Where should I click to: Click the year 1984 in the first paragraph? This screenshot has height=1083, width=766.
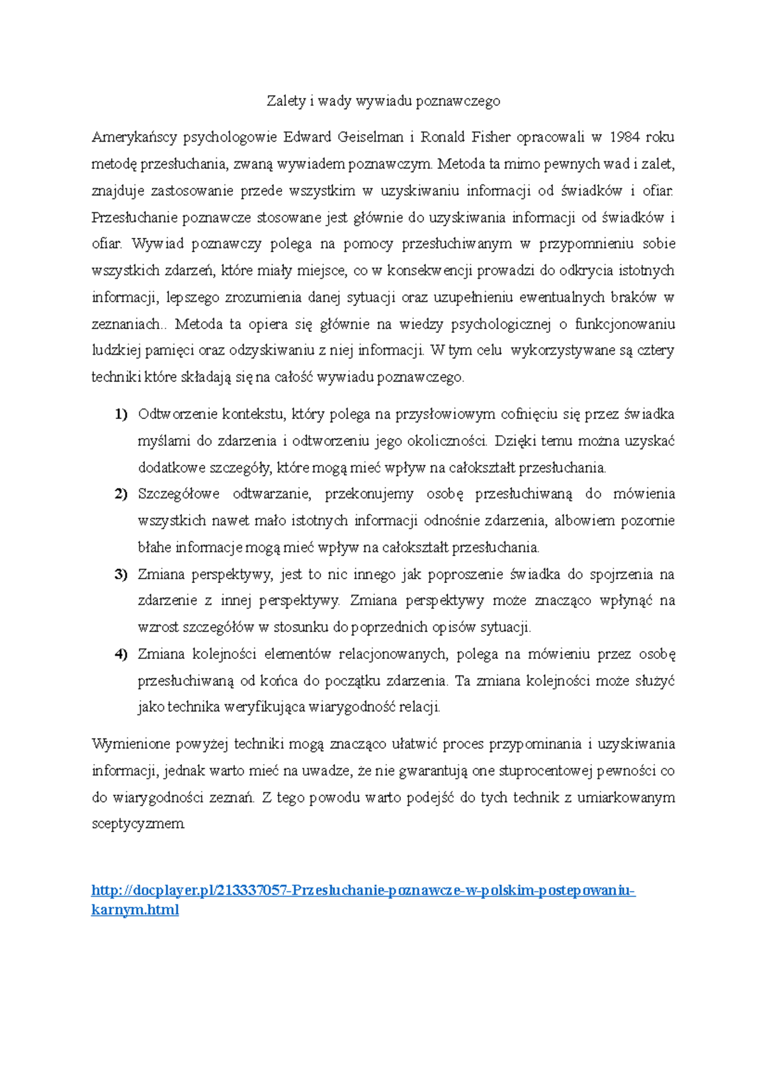click(x=625, y=137)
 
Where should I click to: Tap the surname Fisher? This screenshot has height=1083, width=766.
click(x=491, y=137)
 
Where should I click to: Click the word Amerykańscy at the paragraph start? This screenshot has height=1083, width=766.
click(x=134, y=137)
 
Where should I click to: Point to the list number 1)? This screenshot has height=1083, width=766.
click(x=121, y=415)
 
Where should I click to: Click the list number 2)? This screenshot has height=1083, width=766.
click(x=121, y=494)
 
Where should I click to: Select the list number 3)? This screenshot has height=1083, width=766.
click(x=121, y=575)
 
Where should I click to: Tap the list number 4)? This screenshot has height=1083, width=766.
click(x=121, y=654)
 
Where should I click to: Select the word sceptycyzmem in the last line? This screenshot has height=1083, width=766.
click(x=138, y=824)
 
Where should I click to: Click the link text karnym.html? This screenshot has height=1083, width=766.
click(x=135, y=910)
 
